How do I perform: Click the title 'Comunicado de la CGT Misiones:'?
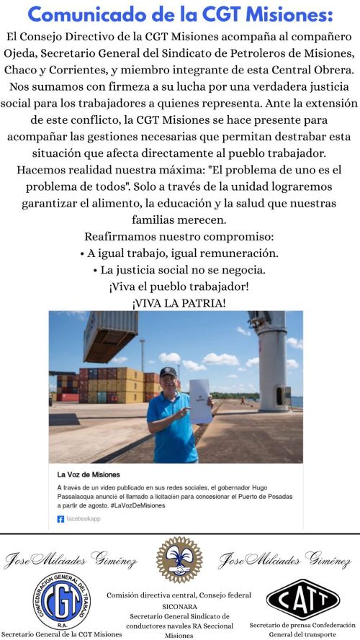pyautogui.click(x=180, y=14)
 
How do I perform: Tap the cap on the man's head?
pyautogui.click(x=168, y=372)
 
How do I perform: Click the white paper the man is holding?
pyautogui.click(x=199, y=400)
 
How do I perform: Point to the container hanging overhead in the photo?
pyautogui.click(x=110, y=335)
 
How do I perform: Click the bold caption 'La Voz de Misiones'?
pyautogui.click(x=89, y=475)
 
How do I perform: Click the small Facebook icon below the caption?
pyautogui.click(x=60, y=518)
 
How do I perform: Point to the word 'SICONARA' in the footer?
pyautogui.click(x=179, y=606)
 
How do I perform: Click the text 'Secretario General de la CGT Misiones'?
pyautogui.click(x=61, y=634)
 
